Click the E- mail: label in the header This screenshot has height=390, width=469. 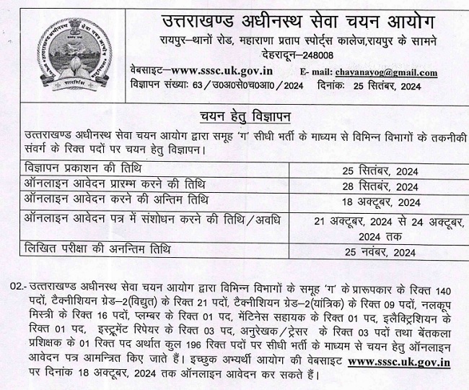pyautogui.click(x=315, y=72)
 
